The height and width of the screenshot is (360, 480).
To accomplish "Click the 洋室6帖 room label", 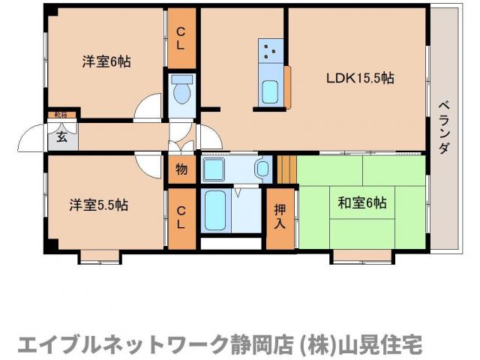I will pos(106,62).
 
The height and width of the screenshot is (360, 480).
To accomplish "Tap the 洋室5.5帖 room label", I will pos(99,205).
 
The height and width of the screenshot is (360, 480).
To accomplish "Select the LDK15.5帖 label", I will pos(359,78).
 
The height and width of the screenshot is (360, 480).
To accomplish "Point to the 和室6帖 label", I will pos(361,202).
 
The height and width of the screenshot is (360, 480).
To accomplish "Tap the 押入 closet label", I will pos(280,216).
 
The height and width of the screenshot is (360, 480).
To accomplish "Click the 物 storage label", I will pos(181,169).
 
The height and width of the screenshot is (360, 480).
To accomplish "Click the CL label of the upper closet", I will pos(181,37).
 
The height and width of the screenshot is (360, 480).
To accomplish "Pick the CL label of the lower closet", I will pos(181,217).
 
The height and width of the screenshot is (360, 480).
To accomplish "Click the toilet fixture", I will pos(181,92).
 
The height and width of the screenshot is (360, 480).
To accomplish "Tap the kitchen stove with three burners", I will pos(270,51).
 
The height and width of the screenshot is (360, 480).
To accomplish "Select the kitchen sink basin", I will pos(270,92).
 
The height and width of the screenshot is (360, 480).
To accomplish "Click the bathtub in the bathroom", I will pos(216,211).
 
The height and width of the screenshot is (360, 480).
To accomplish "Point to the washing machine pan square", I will pos(214,169).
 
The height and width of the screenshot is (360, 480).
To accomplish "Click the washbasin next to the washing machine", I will pos(262,169).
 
